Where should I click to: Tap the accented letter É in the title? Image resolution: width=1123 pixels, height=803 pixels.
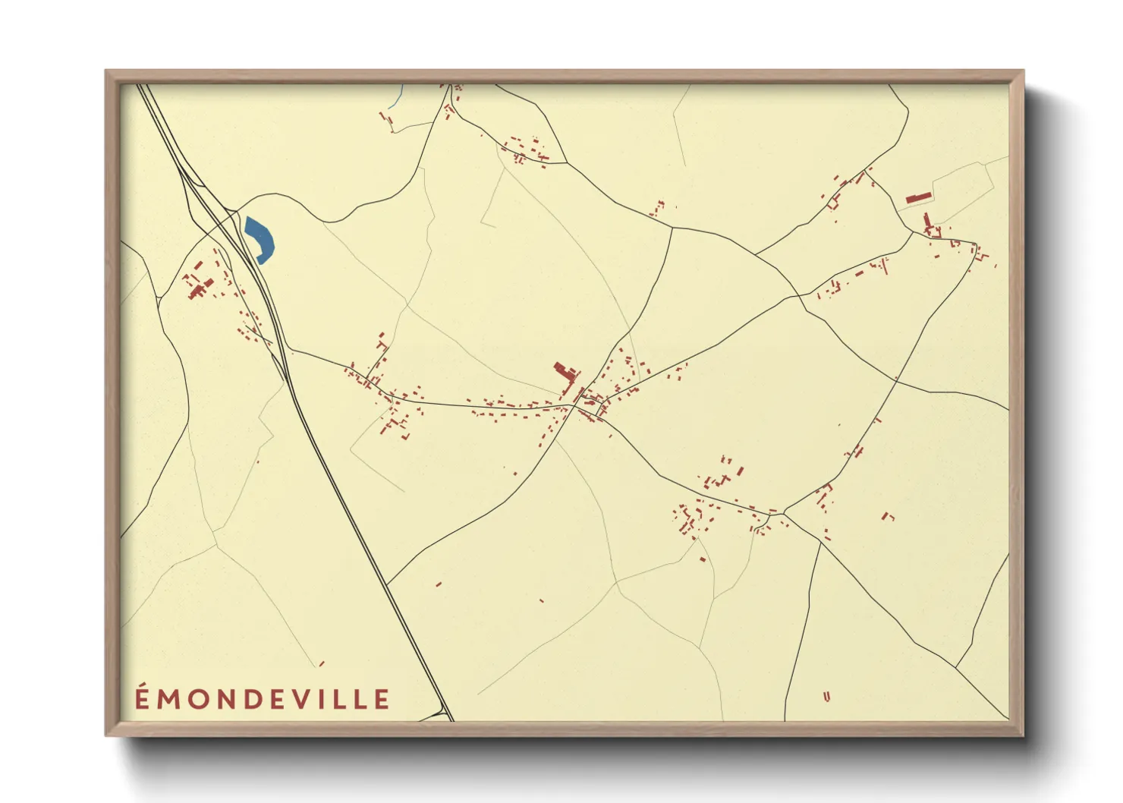(x=143, y=698)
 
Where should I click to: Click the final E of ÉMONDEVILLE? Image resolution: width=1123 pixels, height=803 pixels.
(x=382, y=699)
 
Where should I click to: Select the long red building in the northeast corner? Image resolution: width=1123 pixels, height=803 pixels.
(x=918, y=198)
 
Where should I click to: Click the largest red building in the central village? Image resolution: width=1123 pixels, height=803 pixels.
(x=563, y=373)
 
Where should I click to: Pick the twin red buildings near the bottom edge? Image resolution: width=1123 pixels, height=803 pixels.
(x=826, y=695)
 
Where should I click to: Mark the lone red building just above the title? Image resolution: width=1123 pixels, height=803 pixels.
(x=322, y=663)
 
